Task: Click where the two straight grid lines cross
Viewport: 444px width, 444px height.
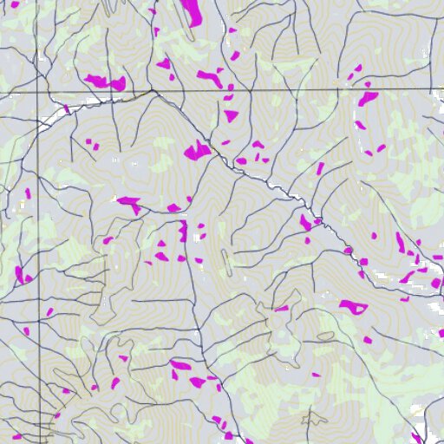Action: coord(37,90)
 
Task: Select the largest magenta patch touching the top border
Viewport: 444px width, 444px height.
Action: coord(191,11)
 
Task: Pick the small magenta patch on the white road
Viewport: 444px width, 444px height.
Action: coord(66,109)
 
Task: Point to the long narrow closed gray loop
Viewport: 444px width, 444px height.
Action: coord(226,261)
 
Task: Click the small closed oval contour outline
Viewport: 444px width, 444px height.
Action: coord(326,336)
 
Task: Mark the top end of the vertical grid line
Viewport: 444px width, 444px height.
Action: coord(37,1)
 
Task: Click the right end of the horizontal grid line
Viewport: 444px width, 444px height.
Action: coord(442,90)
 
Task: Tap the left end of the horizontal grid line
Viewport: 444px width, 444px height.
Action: coord(1,90)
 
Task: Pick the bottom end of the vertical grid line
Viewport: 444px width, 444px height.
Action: coord(37,442)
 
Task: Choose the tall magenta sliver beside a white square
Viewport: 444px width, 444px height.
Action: coord(183,231)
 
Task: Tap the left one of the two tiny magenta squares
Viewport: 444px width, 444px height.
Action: coord(88,141)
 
